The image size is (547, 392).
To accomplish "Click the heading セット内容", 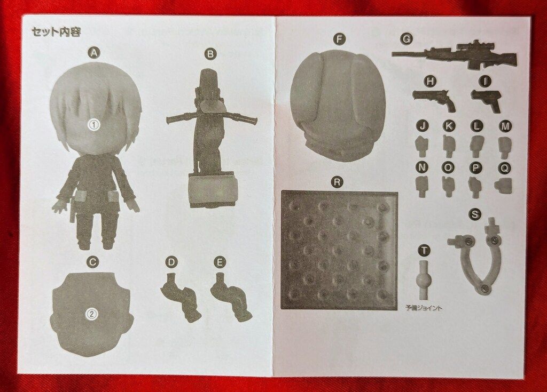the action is tap(57, 32).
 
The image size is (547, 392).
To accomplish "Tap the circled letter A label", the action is tap(93, 53).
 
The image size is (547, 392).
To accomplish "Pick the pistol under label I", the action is tap(487, 100).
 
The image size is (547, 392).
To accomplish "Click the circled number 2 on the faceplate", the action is tap(91, 314).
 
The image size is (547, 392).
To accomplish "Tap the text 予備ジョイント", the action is tap(424, 308).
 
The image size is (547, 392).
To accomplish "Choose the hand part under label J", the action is tap(422, 146).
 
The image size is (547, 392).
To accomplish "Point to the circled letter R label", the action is tap(337, 182).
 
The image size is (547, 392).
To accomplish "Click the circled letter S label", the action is tap(474, 214).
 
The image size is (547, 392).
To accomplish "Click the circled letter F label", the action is tap(339, 39).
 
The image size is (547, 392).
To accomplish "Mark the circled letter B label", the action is tap(210, 54).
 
